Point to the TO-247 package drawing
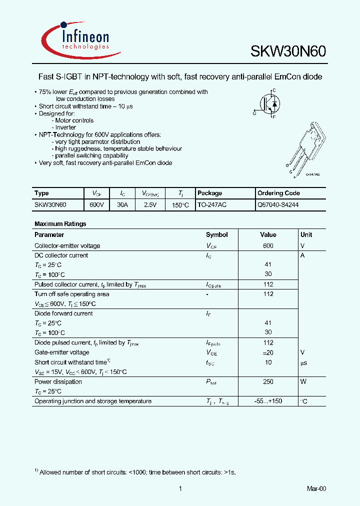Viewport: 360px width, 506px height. click(306, 148)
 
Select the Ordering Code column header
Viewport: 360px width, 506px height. click(278, 193)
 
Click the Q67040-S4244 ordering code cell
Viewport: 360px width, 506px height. click(278, 205)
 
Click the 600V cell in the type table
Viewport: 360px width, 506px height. click(97, 205)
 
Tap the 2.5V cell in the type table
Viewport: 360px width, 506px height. click(150, 205)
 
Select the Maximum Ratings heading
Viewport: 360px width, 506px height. click(60, 224)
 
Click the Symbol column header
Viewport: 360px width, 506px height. click(216, 234)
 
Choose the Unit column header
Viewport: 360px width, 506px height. click(306, 234)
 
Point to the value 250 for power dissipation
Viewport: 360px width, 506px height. click(268, 382)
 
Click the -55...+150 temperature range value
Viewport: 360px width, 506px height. click(268, 401)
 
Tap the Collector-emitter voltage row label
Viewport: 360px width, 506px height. click(67, 246)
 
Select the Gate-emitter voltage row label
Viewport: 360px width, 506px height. click(61, 352)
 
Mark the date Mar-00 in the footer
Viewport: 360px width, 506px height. click(316, 489)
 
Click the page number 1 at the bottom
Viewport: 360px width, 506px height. click(179, 489)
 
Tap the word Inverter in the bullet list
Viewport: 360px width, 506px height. click(65, 127)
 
